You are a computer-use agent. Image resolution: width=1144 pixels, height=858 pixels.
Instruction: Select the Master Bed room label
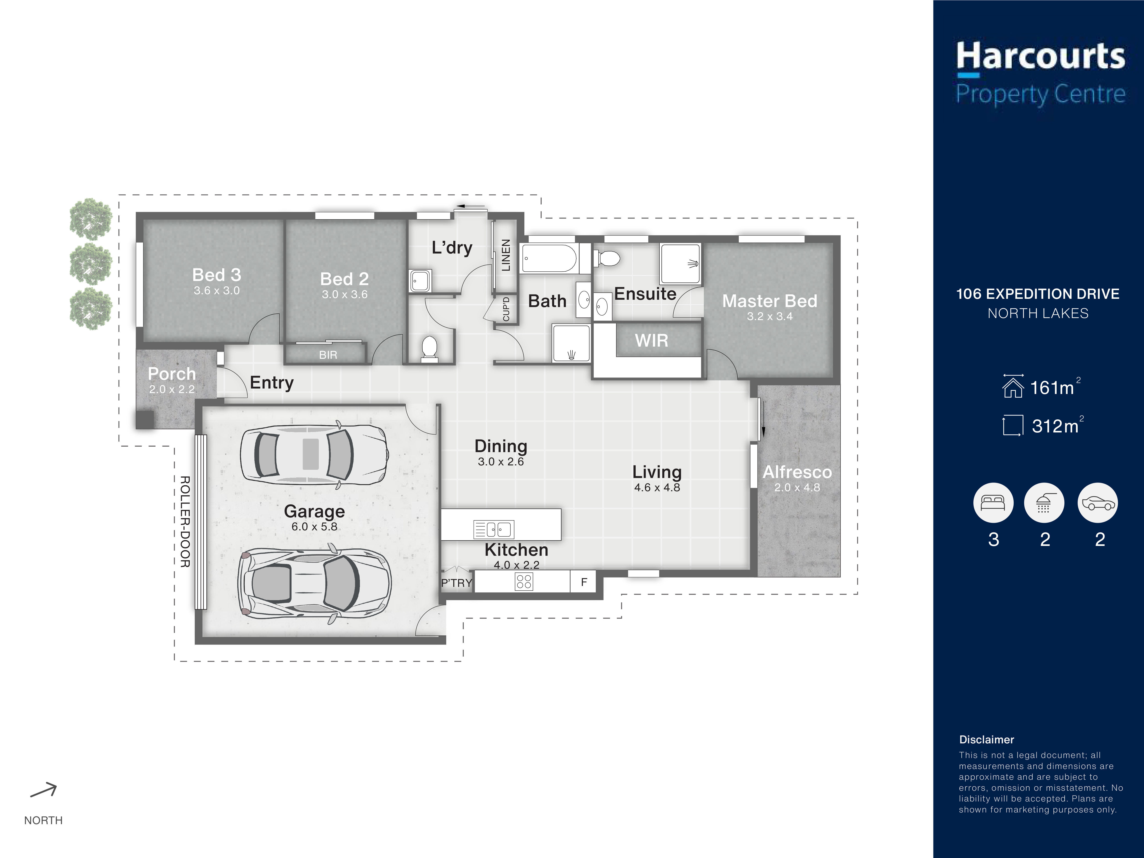[769, 301]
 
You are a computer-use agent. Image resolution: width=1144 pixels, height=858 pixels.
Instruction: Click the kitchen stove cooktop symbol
[524, 582]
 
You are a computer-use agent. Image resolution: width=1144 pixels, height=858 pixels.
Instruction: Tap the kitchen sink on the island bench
[494, 529]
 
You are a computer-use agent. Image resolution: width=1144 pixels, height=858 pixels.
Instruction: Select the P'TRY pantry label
[457, 583]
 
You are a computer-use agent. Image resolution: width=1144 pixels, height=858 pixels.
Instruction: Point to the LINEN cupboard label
[506, 255]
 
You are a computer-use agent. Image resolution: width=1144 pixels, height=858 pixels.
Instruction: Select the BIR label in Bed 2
[328, 355]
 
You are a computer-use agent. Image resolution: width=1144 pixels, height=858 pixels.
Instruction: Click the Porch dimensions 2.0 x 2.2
[172, 389]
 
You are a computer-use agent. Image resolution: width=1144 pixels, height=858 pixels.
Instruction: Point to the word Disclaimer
[986, 739]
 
